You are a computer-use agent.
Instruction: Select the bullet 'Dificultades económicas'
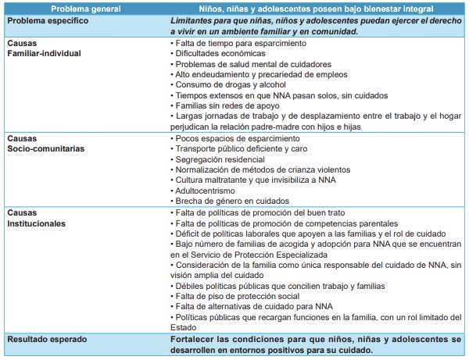(x=216, y=55)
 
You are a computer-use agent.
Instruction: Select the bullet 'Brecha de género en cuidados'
(x=226, y=200)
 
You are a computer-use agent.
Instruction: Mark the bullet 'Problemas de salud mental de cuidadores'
(x=248, y=65)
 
